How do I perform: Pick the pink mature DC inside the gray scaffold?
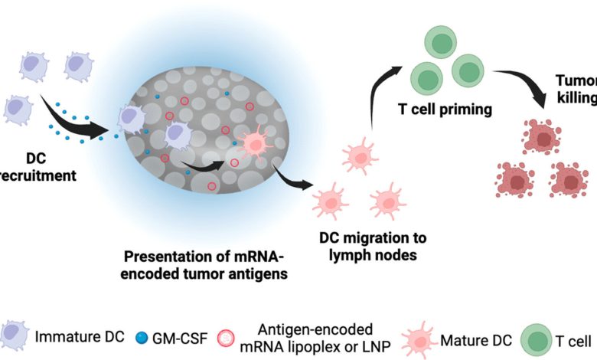click(253, 122)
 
